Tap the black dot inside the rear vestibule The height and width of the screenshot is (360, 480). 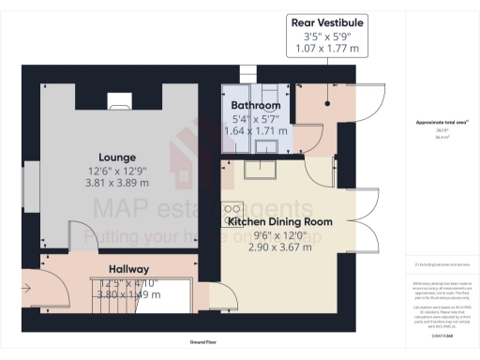point(327,104)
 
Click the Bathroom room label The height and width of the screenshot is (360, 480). point(256,106)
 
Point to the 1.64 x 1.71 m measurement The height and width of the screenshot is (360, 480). point(256,132)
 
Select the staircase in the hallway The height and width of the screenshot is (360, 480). point(141,295)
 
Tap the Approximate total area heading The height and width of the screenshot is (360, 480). point(441,123)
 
